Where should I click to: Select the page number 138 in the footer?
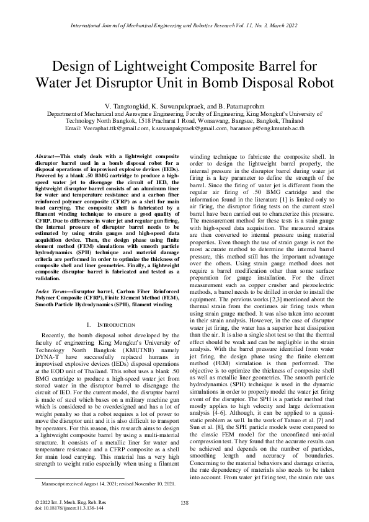pos(184,502)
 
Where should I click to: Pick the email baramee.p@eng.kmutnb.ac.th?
pos(267,128)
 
